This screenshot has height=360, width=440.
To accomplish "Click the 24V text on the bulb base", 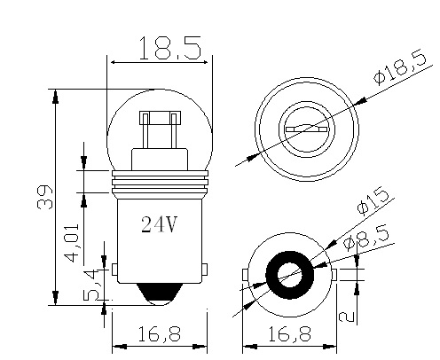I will tap(160, 224).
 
